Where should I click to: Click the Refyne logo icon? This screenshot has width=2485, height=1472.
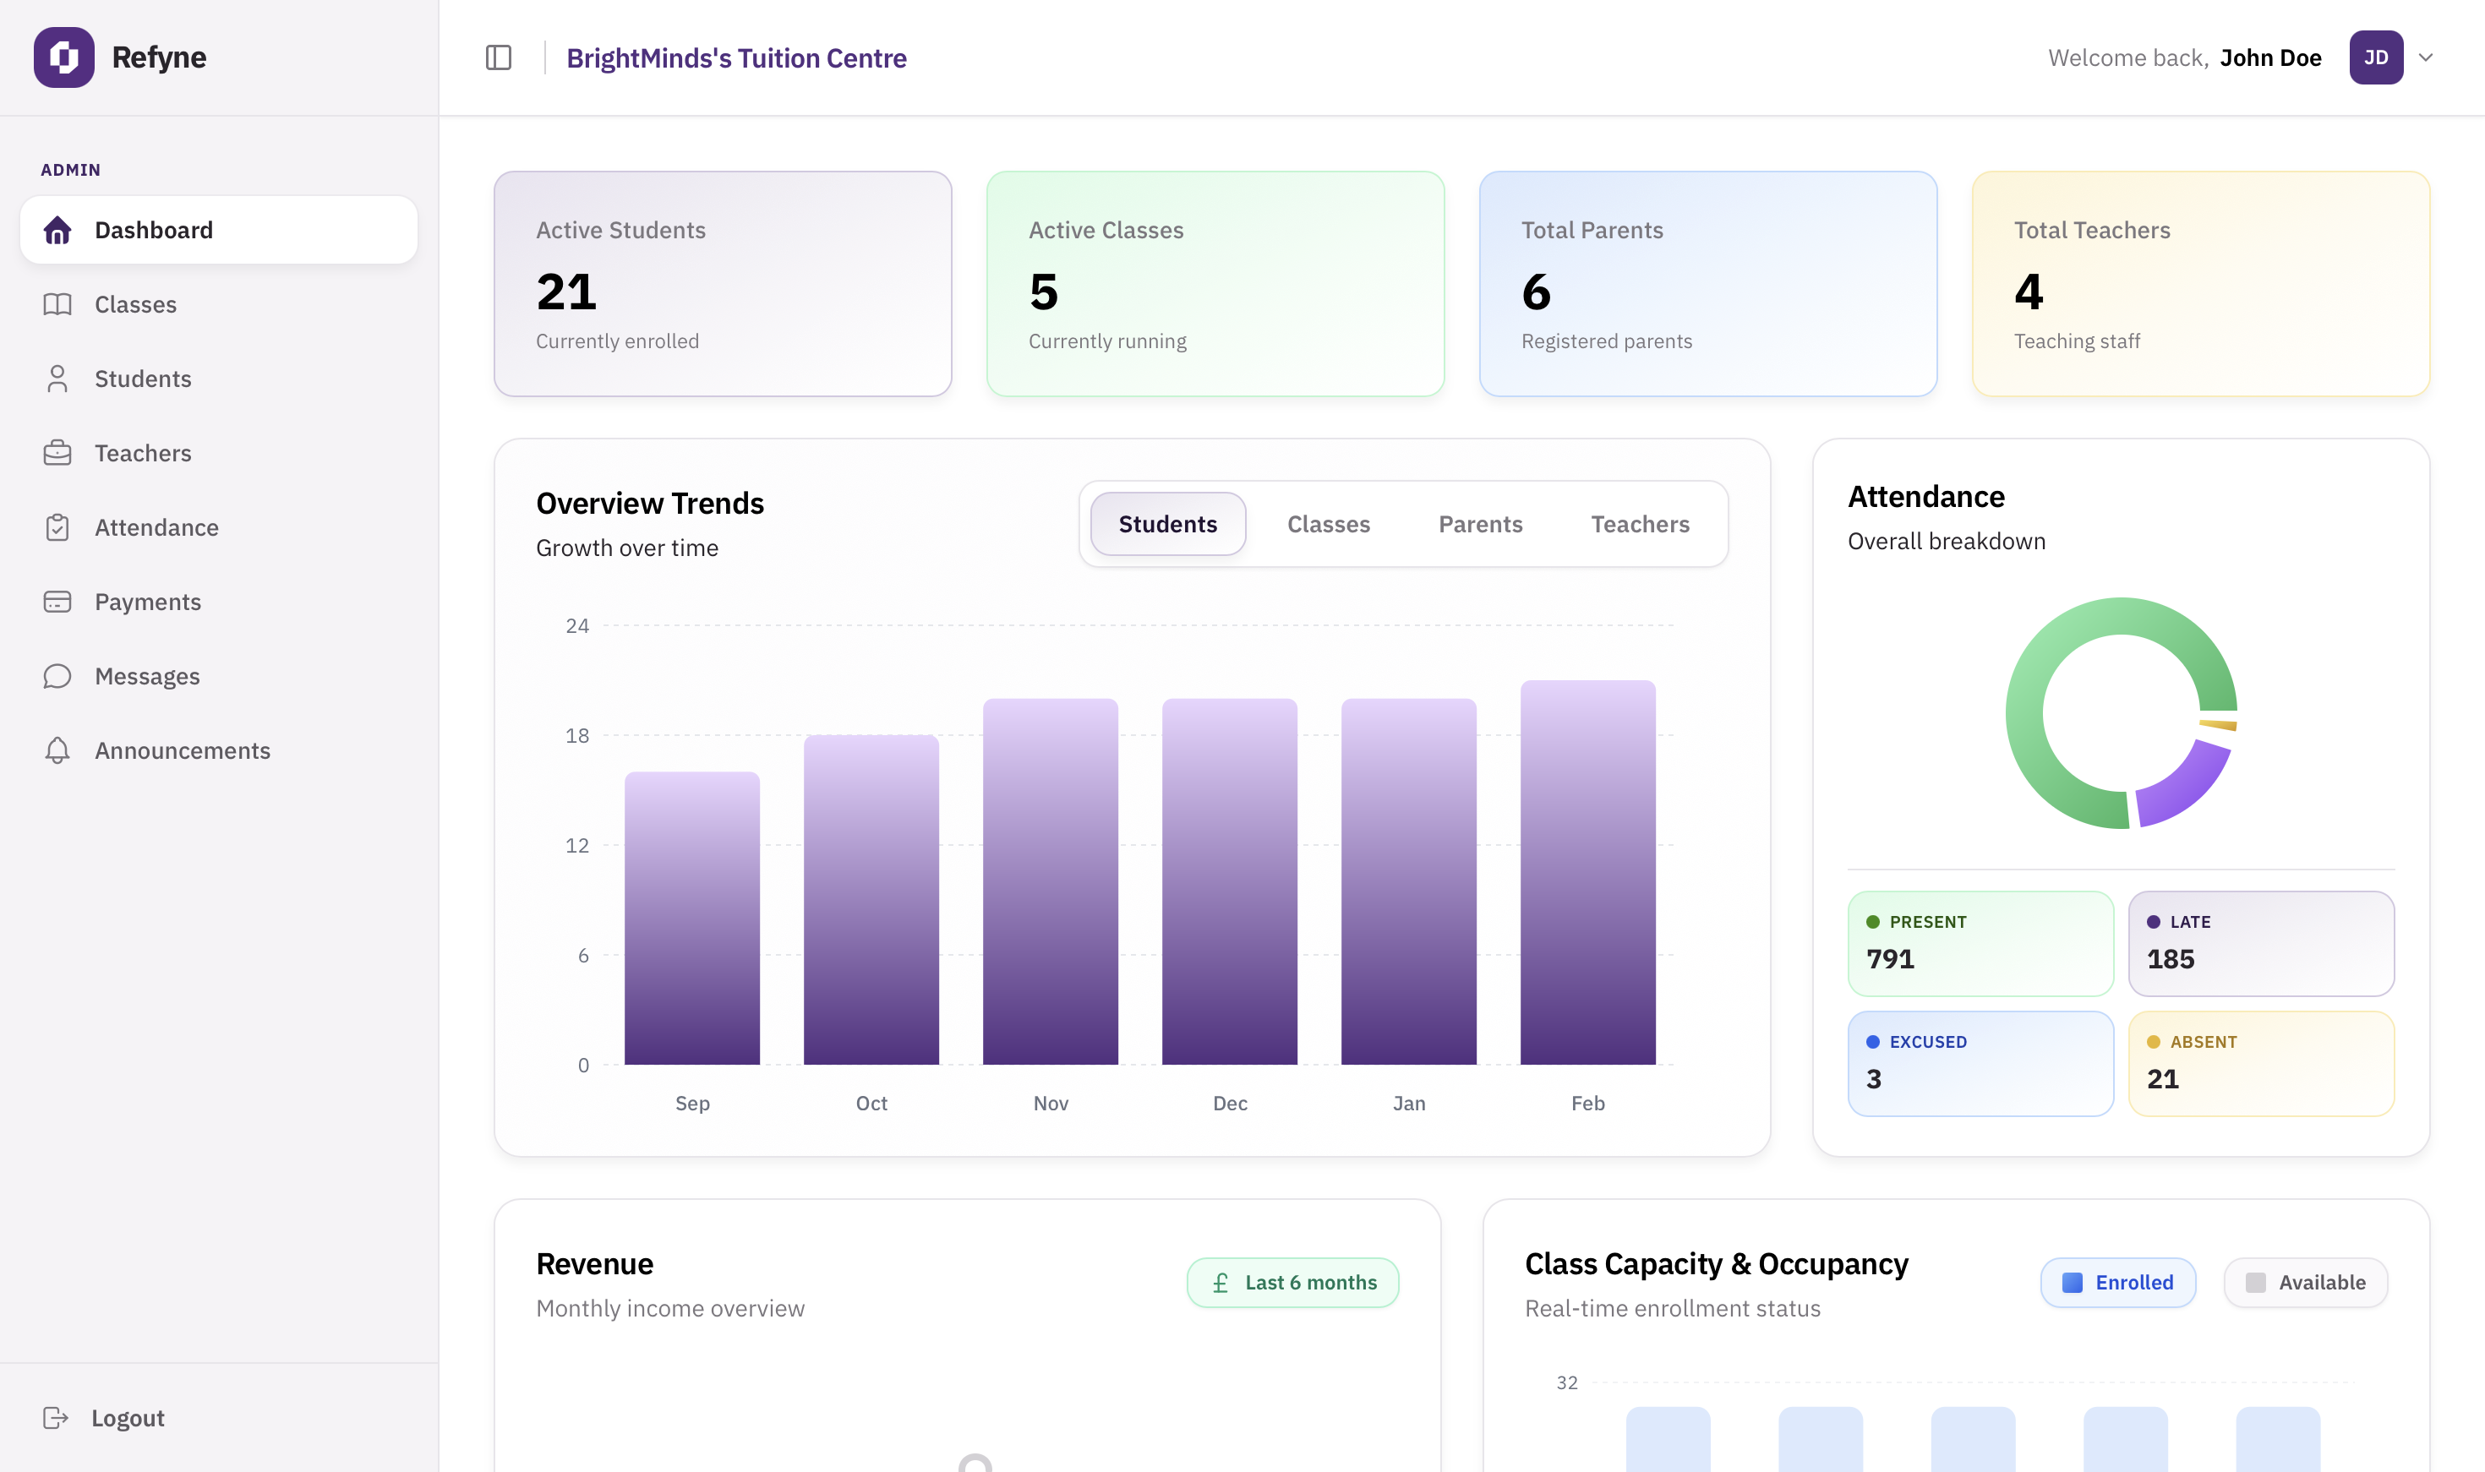click(63, 57)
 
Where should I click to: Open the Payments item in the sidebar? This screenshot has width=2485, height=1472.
click(147, 602)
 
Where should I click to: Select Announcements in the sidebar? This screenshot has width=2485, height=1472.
click(182, 751)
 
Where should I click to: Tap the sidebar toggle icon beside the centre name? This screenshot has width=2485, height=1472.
click(498, 57)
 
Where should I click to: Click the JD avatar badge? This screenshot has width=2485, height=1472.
click(2375, 57)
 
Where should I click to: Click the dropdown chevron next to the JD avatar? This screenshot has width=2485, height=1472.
click(2426, 57)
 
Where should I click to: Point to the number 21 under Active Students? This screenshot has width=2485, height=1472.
click(566, 292)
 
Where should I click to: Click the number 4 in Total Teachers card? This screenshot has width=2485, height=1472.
click(2028, 292)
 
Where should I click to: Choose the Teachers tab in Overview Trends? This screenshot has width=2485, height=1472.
click(1639, 524)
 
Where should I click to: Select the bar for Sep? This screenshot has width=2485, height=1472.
click(691, 918)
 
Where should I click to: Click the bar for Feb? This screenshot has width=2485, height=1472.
click(1587, 873)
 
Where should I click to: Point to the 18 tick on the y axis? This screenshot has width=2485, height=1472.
click(576, 736)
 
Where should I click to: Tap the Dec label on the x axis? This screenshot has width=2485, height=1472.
click(1229, 1103)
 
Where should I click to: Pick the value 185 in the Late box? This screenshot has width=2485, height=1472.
click(2170, 959)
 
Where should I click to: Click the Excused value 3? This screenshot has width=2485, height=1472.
click(1873, 1079)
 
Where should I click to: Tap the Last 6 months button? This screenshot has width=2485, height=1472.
click(1292, 1283)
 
